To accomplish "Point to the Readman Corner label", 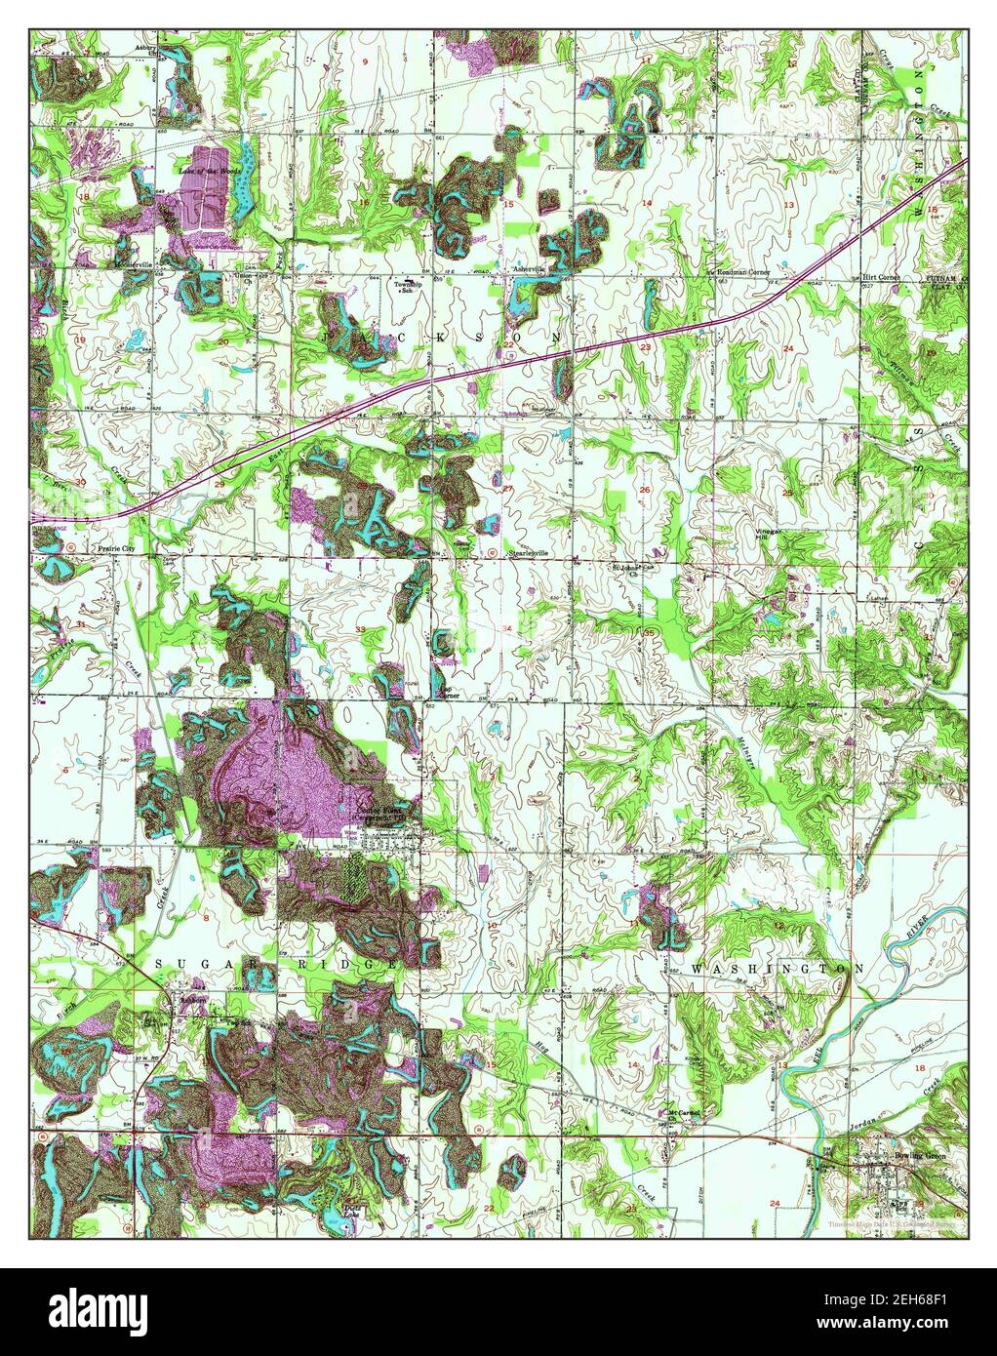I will point(738,272).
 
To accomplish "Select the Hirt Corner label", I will point(881,277).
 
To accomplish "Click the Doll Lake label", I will point(342,1208).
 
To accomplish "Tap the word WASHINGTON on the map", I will point(778,969).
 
